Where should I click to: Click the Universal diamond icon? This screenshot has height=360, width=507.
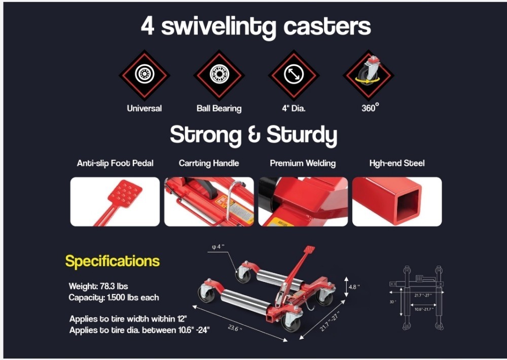pyautogui.click(x=144, y=75)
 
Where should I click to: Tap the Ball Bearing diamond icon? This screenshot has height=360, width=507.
pyautogui.click(x=219, y=75)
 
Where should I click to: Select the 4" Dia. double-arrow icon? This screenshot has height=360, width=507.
pyautogui.click(x=294, y=75)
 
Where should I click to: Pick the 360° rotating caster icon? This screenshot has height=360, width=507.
pyautogui.click(x=368, y=75)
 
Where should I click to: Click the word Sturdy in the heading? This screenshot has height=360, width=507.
pyautogui.click(x=302, y=135)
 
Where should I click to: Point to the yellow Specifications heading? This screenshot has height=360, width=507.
pyautogui.click(x=113, y=261)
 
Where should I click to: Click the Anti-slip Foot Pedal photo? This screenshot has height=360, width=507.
pyautogui.click(x=115, y=201)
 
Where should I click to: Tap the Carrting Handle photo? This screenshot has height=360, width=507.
pyautogui.click(x=209, y=201)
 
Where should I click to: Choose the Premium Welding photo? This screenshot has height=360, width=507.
pyautogui.click(x=303, y=201)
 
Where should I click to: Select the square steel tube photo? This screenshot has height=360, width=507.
pyautogui.click(x=397, y=201)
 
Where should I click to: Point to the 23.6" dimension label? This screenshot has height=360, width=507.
pyautogui.click(x=235, y=328)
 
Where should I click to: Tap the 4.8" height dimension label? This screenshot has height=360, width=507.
pyautogui.click(x=354, y=286)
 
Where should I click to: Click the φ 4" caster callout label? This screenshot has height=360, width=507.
pyautogui.click(x=218, y=247)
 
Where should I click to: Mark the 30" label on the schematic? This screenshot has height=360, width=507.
pyautogui.click(x=392, y=302)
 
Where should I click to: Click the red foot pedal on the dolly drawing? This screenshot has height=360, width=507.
pyautogui.click(x=309, y=249)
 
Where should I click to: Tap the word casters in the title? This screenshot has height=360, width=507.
pyautogui.click(x=327, y=26)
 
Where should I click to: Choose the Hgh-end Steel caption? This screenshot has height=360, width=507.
pyautogui.click(x=397, y=163)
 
